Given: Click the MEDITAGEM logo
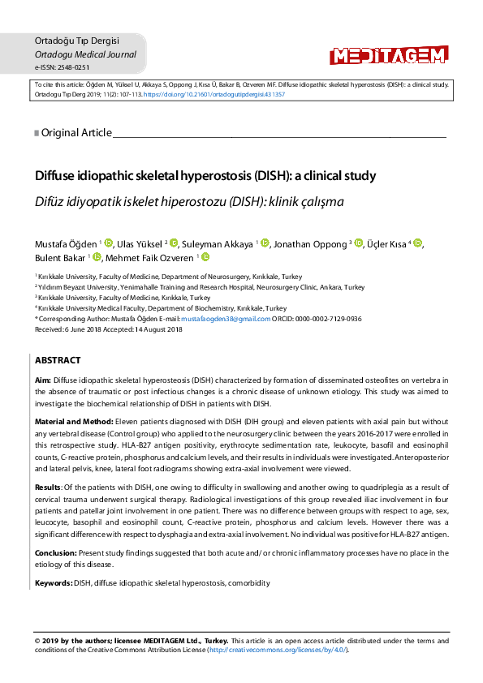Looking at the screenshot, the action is (x=388, y=55).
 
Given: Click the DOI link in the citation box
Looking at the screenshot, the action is (x=214, y=94).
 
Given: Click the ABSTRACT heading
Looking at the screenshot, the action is (x=57, y=359).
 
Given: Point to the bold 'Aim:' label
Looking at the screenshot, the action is (x=43, y=380).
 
